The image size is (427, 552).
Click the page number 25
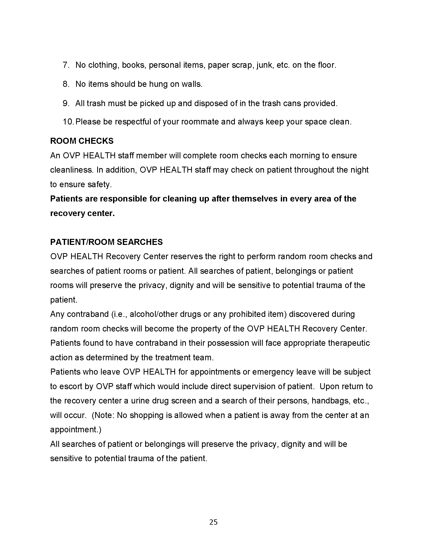(x=213, y=522)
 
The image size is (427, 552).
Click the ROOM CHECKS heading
(x=82, y=141)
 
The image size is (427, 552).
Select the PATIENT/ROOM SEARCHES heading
(x=106, y=242)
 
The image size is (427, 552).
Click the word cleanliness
(x=72, y=170)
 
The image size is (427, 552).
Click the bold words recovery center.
(x=82, y=213)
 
